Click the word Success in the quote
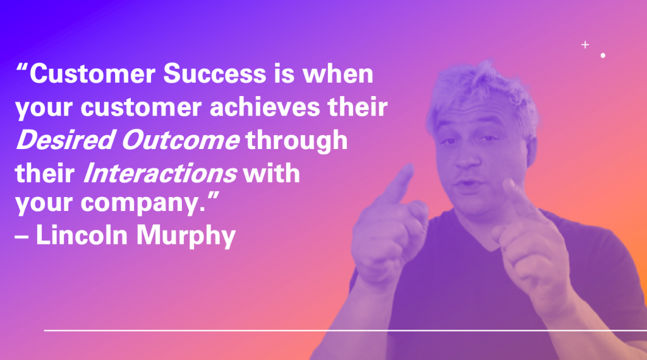(x=215, y=73)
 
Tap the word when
(x=338, y=73)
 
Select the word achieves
(x=265, y=107)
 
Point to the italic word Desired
(x=65, y=140)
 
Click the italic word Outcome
(x=180, y=140)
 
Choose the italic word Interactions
(x=160, y=173)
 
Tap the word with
(x=271, y=173)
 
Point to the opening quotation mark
(x=22, y=67)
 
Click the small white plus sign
(x=585, y=45)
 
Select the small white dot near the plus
(x=603, y=55)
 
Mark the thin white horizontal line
(x=346, y=330)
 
